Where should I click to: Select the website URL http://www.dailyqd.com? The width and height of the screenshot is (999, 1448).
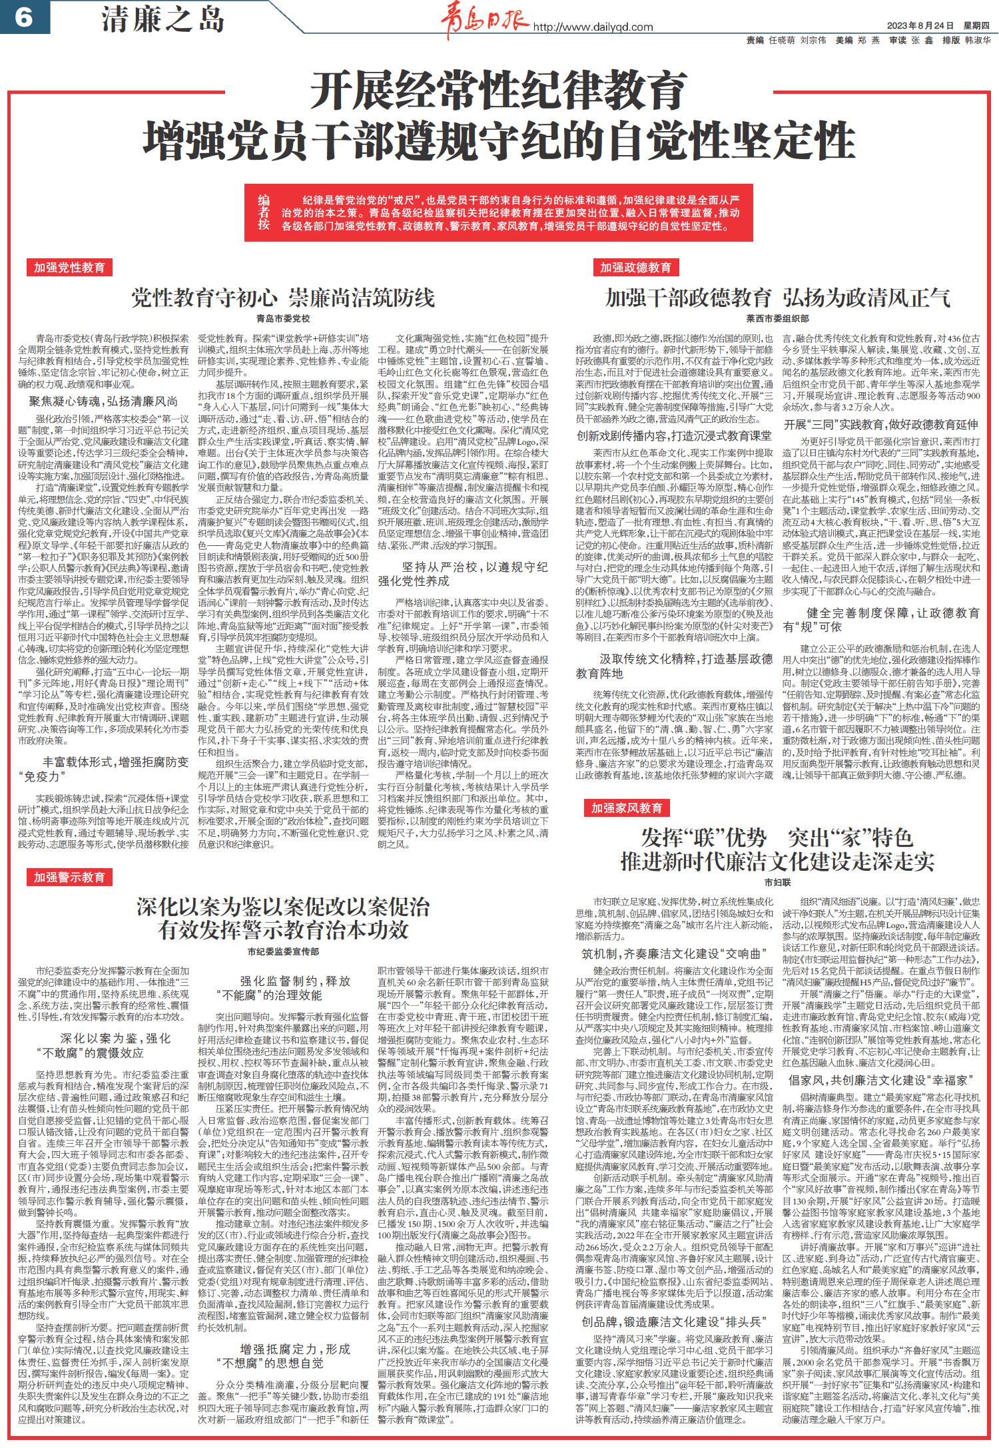click(x=593, y=27)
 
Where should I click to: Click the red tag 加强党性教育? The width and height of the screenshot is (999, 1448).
click(x=70, y=268)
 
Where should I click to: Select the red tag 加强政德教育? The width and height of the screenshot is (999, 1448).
click(x=635, y=268)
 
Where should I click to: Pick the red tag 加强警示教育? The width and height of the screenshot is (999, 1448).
click(x=70, y=877)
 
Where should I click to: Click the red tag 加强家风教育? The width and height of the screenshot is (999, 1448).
click(x=627, y=808)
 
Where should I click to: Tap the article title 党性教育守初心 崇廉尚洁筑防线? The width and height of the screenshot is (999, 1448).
click(x=282, y=298)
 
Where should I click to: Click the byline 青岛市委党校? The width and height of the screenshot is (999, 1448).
click(x=283, y=319)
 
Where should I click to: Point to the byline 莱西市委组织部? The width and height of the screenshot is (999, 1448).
click(x=777, y=319)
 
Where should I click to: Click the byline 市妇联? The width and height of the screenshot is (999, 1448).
click(x=777, y=882)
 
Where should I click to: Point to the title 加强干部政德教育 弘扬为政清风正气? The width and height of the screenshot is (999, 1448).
click(x=777, y=298)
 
